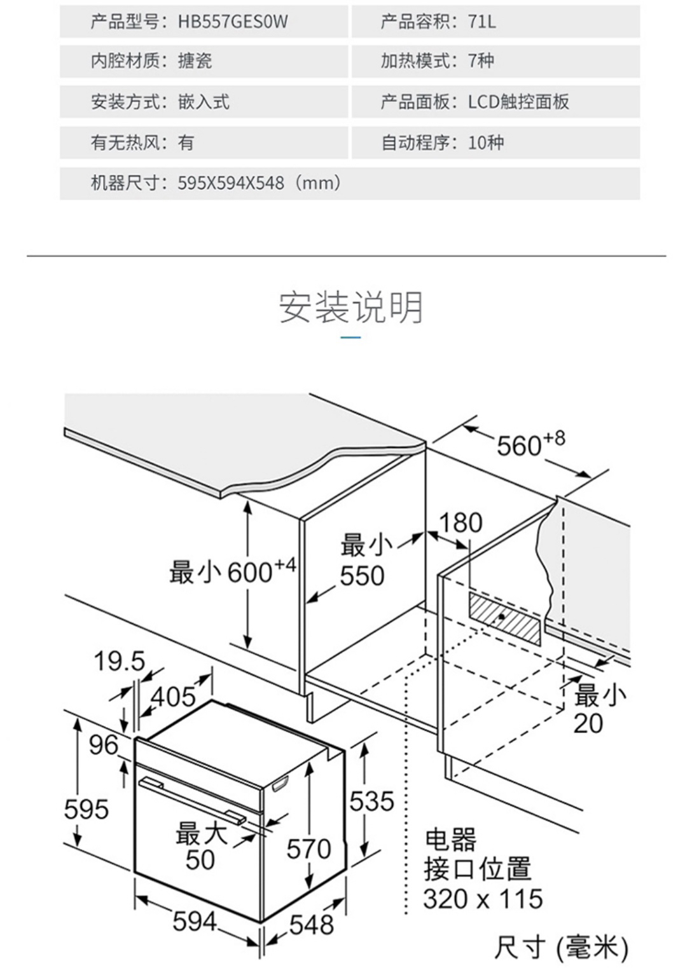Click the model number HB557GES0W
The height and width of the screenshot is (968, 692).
coord(233,22)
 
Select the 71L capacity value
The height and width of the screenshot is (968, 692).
coord(481,22)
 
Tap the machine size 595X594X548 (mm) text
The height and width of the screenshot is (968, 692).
coord(259,184)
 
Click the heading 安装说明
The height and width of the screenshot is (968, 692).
coord(350,308)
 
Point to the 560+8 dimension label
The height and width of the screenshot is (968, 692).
coord(530,444)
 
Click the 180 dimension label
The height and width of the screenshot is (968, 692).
coord(460,523)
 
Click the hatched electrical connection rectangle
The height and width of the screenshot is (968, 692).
coord(505,617)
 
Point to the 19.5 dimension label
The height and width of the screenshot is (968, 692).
coord(119,662)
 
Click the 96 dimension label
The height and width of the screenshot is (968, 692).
coord(104,745)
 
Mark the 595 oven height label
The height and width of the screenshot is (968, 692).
coord(86,810)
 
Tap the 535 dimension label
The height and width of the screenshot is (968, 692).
coord(371,801)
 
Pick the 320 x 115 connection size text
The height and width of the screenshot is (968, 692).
coord(483,899)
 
